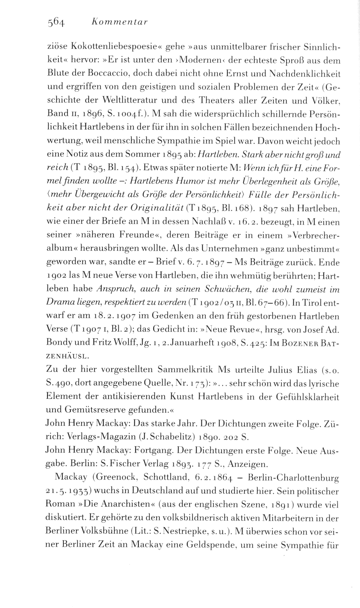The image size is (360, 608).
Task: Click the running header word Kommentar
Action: pyautogui.click(x=119, y=22)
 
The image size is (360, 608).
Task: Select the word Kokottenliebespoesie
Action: pyautogui.click(x=112, y=47)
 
